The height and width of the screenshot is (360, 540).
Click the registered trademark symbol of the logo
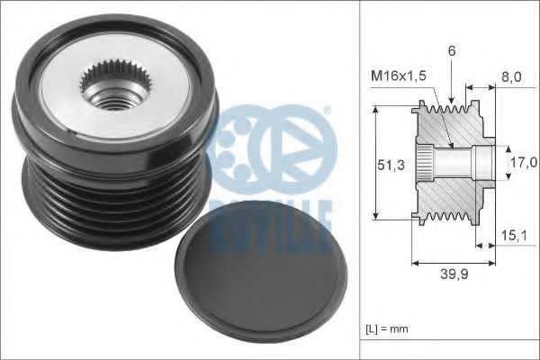[327, 111]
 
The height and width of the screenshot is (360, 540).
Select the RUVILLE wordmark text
[270, 217]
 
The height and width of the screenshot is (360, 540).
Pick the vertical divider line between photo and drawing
[361, 180]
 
